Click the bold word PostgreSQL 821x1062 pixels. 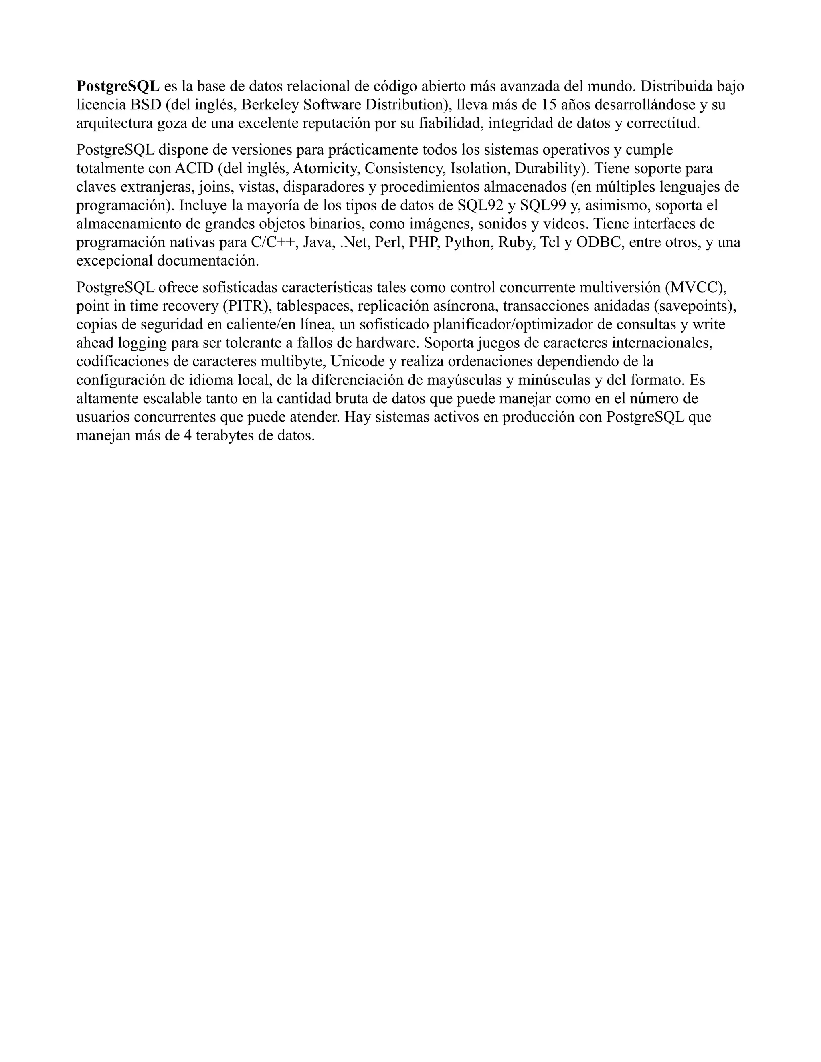click(118, 87)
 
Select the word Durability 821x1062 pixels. click(550, 169)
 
